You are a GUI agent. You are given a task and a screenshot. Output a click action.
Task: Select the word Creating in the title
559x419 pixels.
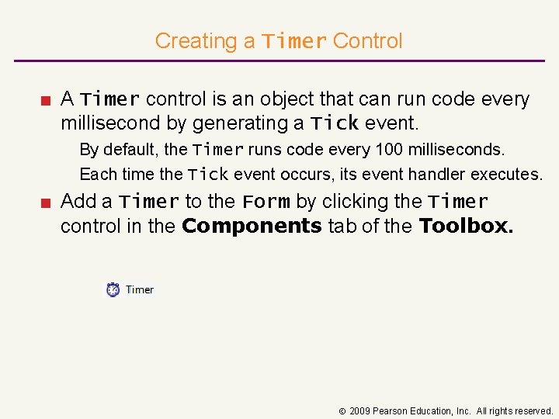pyautogui.click(x=205, y=40)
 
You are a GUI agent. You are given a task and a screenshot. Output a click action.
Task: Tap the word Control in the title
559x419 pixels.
pyautogui.click(x=367, y=40)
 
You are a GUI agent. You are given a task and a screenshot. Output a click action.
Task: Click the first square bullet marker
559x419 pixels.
pyautogui.click(x=47, y=99)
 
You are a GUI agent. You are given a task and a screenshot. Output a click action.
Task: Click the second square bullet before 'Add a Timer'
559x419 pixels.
pyautogui.click(x=47, y=202)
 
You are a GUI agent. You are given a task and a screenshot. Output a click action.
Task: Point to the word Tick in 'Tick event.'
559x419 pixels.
pyautogui.click(x=334, y=123)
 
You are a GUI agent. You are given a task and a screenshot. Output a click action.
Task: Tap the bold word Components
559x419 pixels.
pyautogui.click(x=252, y=226)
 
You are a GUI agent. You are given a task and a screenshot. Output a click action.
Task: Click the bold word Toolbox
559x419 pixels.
pyautogui.click(x=466, y=226)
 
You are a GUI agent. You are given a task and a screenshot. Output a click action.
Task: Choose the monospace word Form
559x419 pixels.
pyautogui.click(x=266, y=202)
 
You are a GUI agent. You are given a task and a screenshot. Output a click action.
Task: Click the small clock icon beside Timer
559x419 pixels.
pyautogui.click(x=113, y=289)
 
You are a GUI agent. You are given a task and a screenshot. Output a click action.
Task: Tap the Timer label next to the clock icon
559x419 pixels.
pyautogui.click(x=140, y=289)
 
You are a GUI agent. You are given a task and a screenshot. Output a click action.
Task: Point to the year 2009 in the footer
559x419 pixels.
pyautogui.click(x=360, y=410)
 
